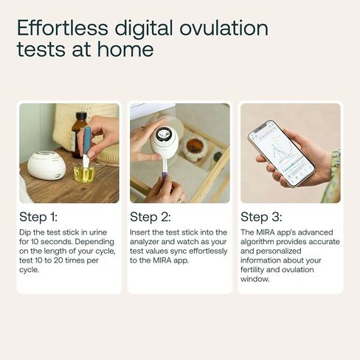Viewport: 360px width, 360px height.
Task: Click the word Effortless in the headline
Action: (x=63, y=27)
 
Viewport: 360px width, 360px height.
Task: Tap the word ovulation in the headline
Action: (x=224, y=27)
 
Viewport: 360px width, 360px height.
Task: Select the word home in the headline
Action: (x=125, y=49)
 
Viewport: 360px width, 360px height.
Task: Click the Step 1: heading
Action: (x=38, y=217)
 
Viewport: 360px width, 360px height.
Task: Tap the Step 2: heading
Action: (x=150, y=217)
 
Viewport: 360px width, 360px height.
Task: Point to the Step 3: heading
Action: (x=261, y=217)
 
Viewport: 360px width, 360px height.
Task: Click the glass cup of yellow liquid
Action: (x=84, y=173)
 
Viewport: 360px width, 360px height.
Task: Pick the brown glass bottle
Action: (x=79, y=135)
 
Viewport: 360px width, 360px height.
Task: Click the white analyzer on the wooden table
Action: (x=46, y=165)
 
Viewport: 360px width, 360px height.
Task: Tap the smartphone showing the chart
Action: (x=281, y=153)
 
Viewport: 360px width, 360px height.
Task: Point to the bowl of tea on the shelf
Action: (x=194, y=148)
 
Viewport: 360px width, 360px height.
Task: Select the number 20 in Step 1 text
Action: (x=58, y=260)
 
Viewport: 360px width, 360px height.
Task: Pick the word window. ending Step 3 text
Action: (x=255, y=279)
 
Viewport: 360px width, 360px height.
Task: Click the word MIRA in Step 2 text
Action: (x=162, y=260)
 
